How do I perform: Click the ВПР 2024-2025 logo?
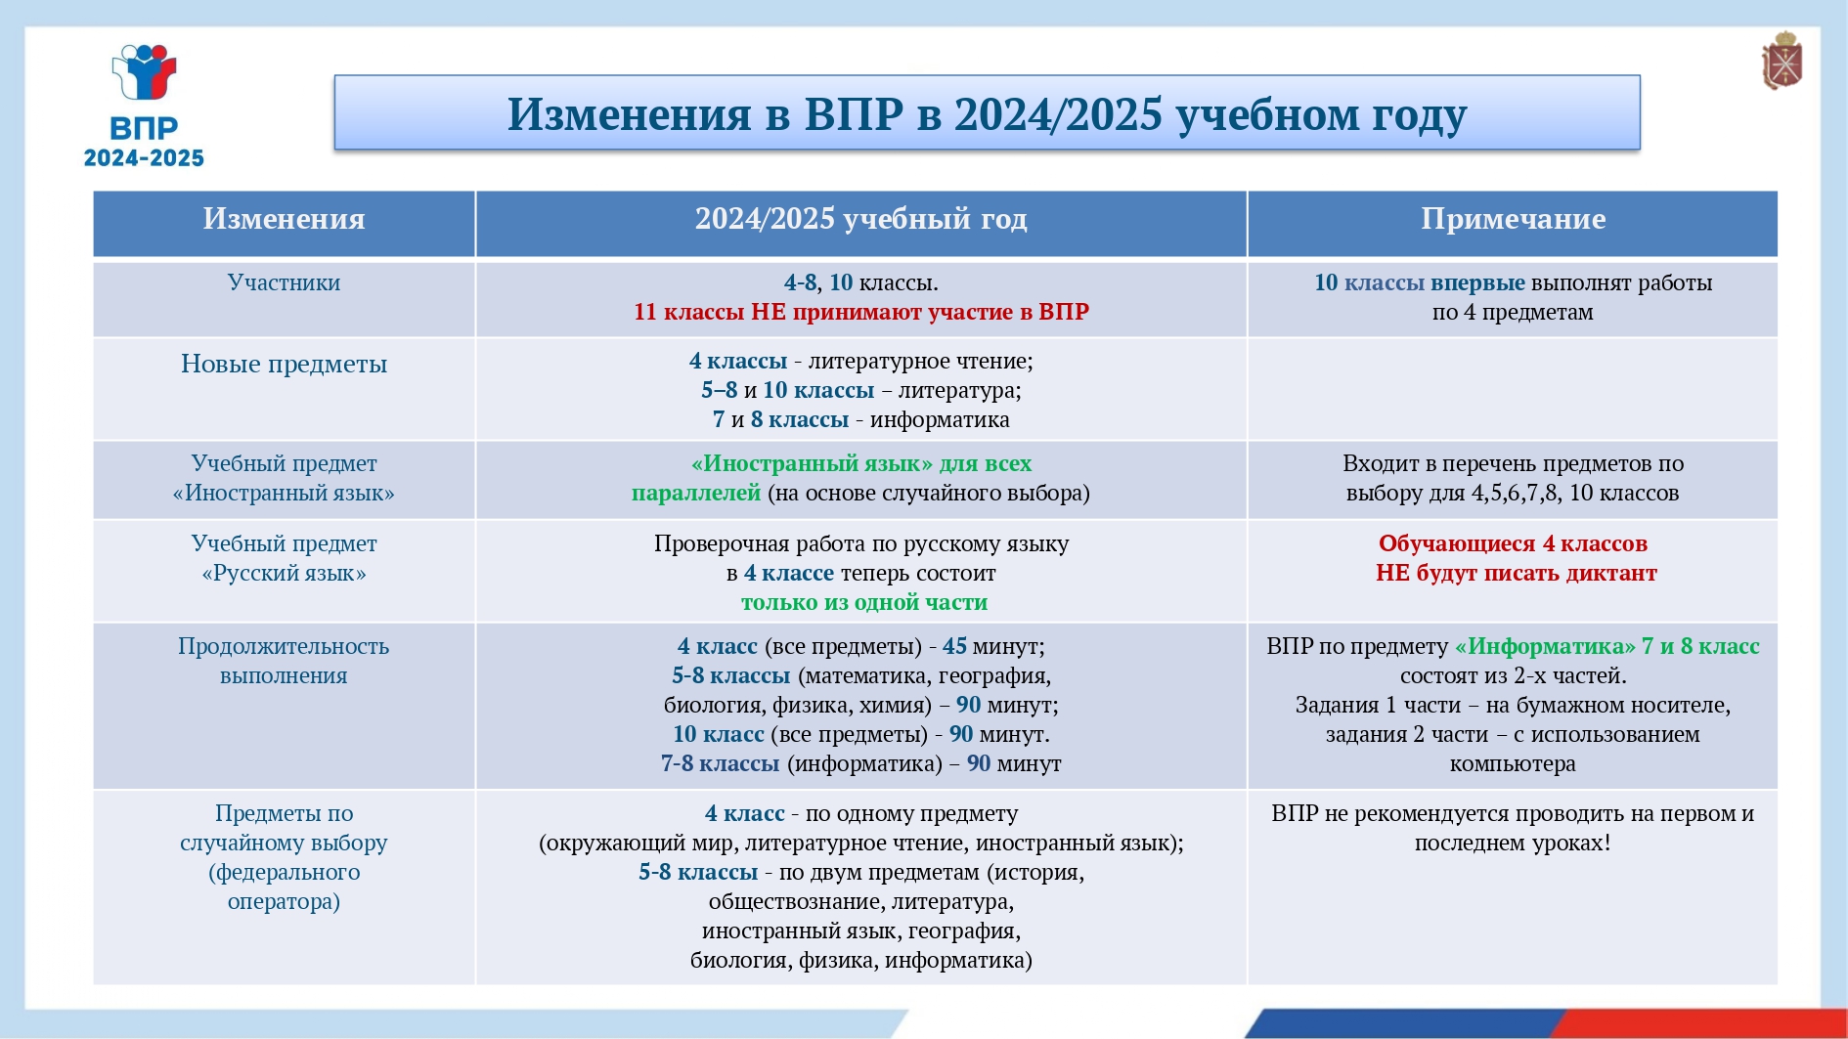click(x=144, y=106)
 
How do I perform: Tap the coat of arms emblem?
click(x=1782, y=61)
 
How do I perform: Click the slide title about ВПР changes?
click(x=987, y=114)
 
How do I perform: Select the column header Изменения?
click(x=284, y=219)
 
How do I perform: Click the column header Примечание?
click(x=1513, y=219)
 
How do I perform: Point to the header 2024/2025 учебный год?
click(x=860, y=219)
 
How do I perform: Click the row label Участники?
click(x=284, y=282)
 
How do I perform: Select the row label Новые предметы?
click(x=284, y=364)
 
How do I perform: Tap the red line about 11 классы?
click(x=860, y=312)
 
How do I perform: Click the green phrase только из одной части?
click(x=864, y=602)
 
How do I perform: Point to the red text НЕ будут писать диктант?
click(x=1516, y=573)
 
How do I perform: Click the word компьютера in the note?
click(x=1513, y=764)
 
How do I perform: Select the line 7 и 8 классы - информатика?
click(x=860, y=419)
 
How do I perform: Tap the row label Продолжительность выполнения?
click(x=284, y=661)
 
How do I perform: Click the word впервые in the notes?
click(x=1477, y=283)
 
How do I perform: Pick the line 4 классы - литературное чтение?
click(x=860, y=361)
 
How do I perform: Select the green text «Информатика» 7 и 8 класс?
click(x=1606, y=646)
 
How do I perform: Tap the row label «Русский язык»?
click(x=284, y=574)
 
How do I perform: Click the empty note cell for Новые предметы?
click(x=1513, y=389)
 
